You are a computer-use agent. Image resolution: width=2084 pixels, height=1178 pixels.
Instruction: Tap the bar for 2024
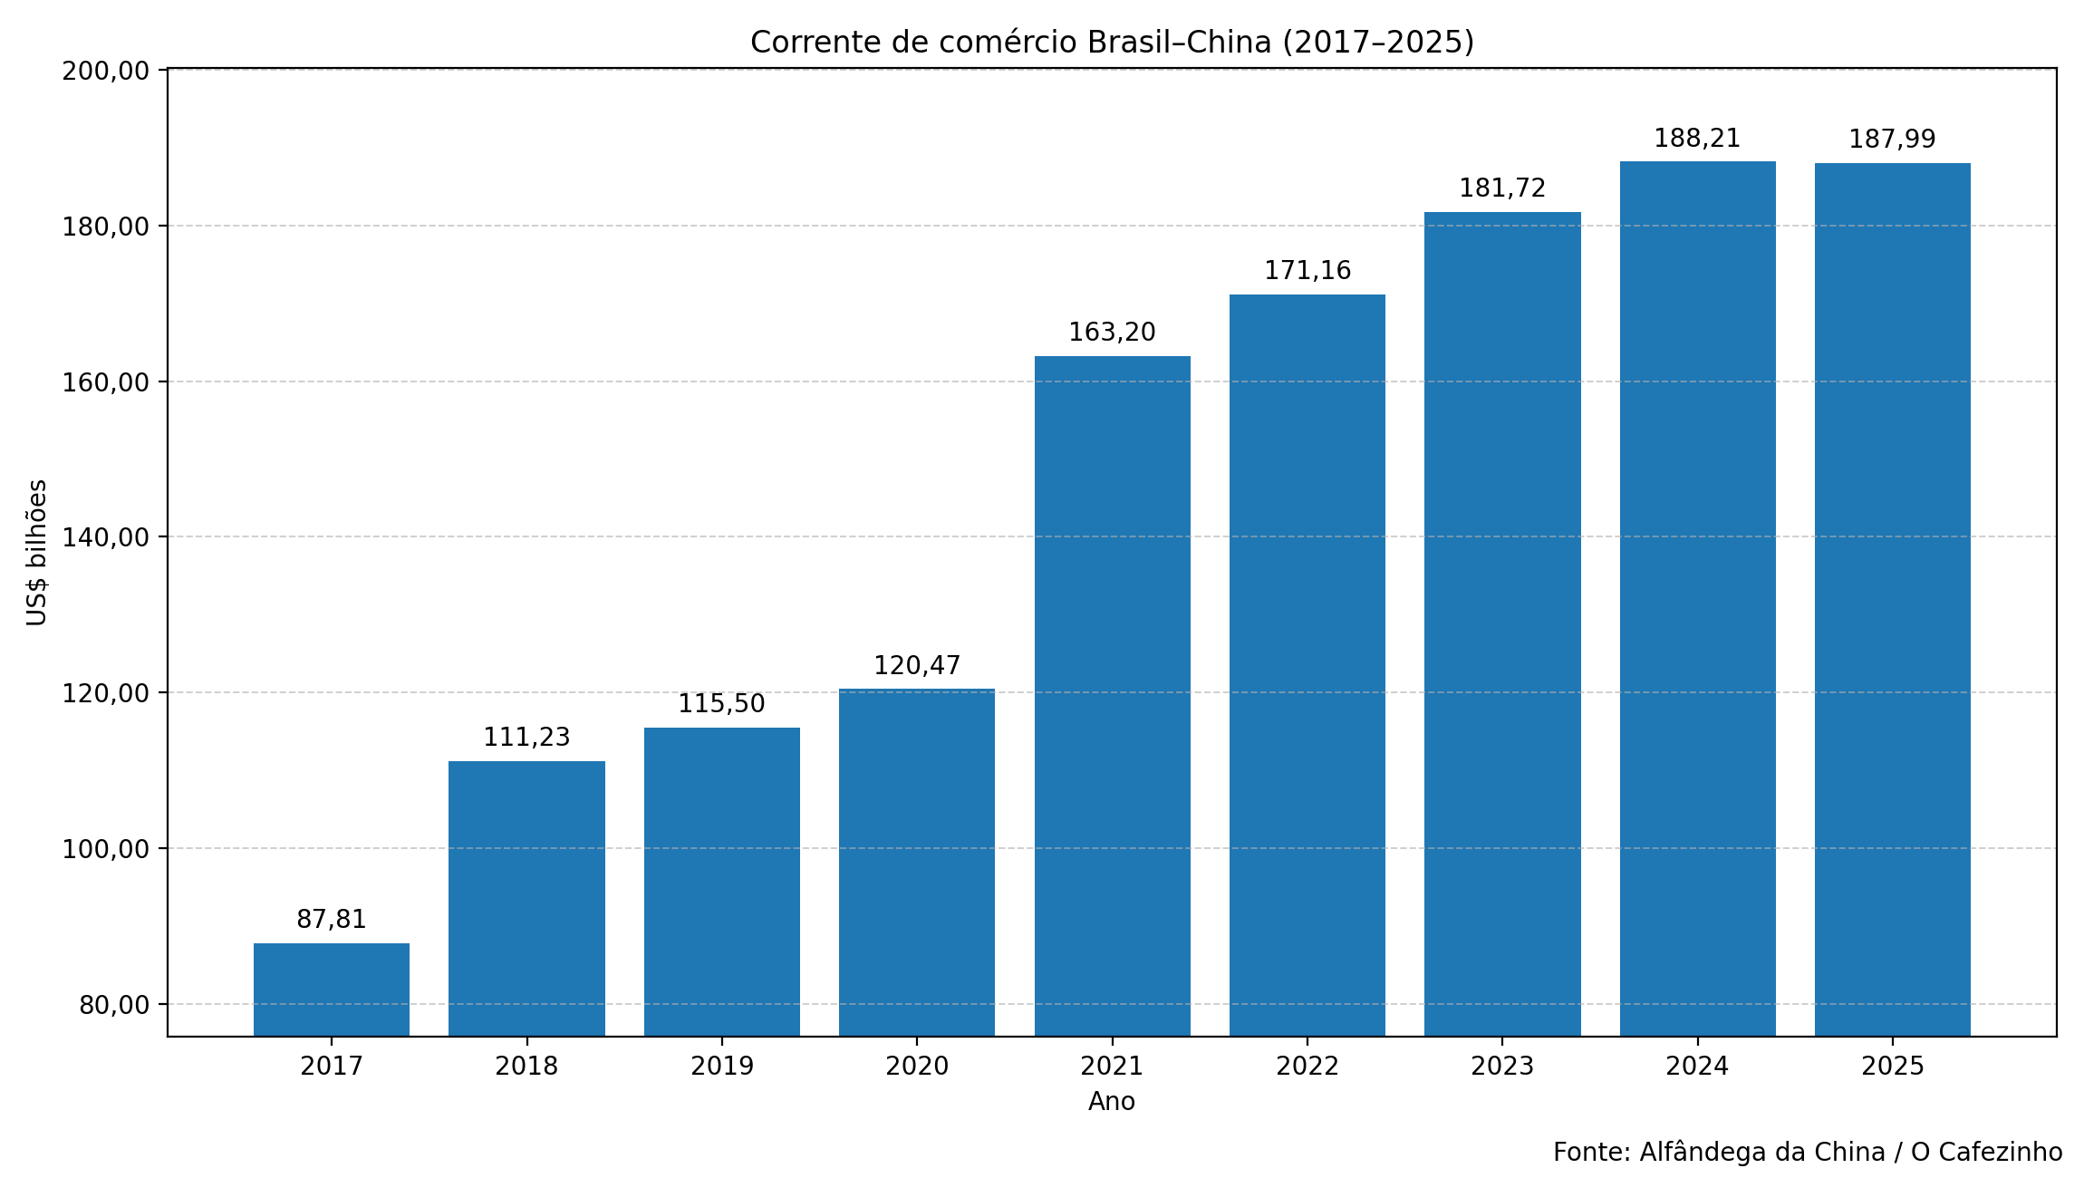1697,598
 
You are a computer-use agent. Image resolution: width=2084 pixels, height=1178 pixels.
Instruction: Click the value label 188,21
1697,139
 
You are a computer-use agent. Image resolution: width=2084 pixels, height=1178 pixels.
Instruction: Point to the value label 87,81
332,920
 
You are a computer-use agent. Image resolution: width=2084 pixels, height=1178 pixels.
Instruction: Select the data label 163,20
1112,333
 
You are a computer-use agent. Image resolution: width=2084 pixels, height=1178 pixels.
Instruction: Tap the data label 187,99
1892,140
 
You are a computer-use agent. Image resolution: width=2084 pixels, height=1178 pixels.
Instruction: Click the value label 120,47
917,666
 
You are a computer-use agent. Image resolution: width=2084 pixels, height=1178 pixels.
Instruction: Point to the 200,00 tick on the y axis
105,71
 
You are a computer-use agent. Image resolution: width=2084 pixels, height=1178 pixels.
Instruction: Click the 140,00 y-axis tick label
105,537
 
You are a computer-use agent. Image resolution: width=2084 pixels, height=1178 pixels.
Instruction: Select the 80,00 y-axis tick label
114,1005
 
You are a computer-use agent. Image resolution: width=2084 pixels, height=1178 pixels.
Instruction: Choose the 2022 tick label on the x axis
1307,1067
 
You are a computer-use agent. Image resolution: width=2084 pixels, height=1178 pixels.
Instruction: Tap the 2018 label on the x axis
526,1067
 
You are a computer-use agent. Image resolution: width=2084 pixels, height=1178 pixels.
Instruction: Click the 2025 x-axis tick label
1892,1067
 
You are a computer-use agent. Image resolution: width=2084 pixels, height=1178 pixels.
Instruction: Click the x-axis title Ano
1112,1102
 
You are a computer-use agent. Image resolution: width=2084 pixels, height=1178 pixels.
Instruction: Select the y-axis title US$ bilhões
37,553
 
